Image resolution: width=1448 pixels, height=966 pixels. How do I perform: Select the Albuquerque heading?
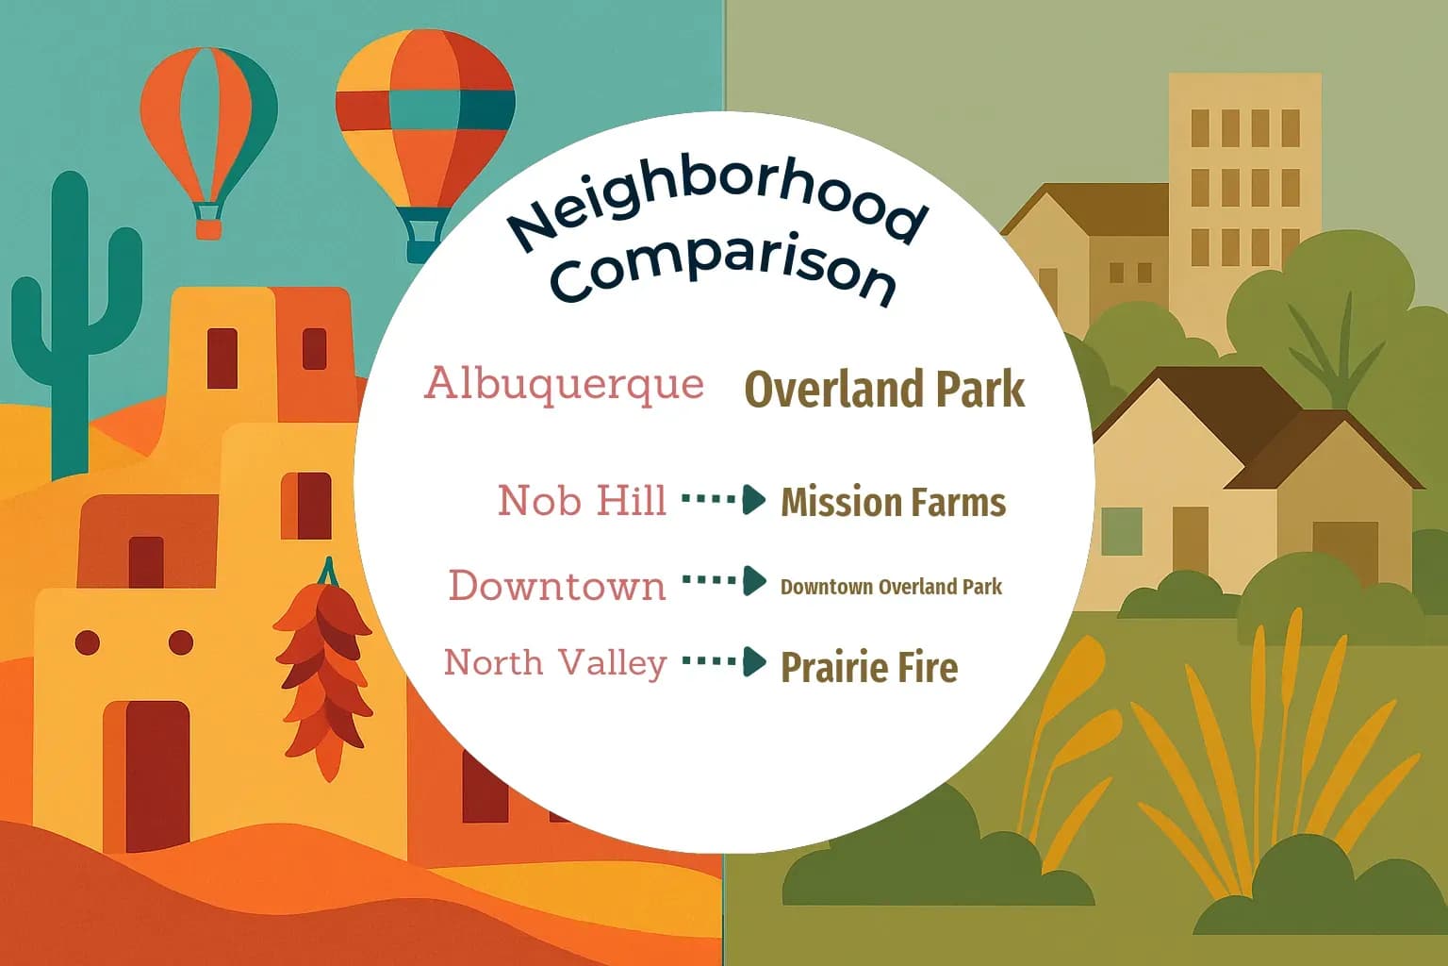point(564,384)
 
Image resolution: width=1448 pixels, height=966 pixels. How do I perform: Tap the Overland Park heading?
point(884,390)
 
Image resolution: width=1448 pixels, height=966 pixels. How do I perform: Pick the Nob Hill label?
point(582,500)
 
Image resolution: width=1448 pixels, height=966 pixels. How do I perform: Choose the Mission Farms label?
point(893,503)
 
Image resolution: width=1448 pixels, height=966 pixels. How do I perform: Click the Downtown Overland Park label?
point(891,587)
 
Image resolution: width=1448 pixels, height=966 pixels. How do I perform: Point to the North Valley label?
point(555,662)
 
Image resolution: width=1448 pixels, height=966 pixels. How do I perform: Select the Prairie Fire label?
point(869,668)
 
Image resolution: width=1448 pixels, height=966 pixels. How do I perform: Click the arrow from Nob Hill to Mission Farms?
point(724,499)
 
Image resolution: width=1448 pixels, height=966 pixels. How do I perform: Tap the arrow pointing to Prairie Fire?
point(724,661)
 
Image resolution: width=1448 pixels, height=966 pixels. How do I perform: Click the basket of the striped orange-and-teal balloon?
point(208,227)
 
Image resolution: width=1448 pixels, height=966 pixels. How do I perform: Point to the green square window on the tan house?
point(1121,530)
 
